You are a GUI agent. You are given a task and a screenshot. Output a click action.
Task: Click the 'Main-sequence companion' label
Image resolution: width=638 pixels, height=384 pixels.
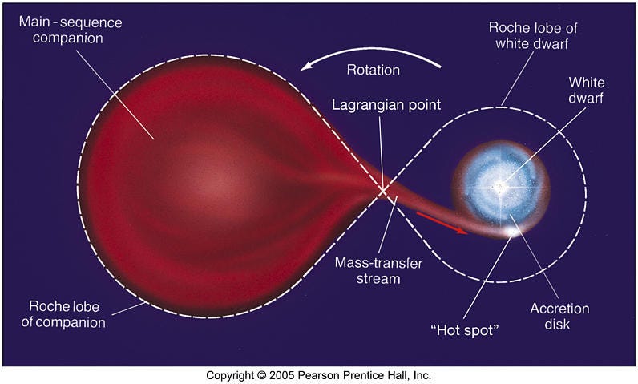[x=71, y=30]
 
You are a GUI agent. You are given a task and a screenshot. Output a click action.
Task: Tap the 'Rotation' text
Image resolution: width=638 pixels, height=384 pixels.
[x=374, y=70]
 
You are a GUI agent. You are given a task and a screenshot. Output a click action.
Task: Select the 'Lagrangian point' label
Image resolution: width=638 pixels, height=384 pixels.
[x=386, y=105]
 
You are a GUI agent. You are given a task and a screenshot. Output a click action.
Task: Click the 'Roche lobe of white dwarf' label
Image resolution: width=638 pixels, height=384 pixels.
[x=533, y=35]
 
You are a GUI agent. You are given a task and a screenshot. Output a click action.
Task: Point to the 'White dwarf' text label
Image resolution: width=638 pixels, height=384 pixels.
[x=587, y=90]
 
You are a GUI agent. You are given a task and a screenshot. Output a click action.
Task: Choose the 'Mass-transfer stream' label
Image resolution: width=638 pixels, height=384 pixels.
[x=378, y=270]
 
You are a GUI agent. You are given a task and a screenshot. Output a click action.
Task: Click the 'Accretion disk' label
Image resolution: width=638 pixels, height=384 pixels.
[x=559, y=316]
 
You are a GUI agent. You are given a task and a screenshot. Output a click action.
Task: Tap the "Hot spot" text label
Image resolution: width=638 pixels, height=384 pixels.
[x=465, y=330]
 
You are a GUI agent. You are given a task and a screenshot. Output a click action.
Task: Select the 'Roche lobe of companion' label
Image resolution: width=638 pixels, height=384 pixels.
[x=63, y=314]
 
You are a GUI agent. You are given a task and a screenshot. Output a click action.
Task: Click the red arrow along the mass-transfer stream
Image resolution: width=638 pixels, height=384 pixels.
[x=442, y=223]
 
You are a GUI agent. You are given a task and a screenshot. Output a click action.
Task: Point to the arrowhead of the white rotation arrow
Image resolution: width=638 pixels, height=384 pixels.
[x=306, y=67]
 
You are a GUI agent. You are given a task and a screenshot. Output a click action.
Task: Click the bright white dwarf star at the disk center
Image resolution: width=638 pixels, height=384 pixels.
[x=501, y=188]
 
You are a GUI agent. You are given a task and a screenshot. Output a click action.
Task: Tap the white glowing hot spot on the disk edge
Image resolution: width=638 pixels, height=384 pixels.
[x=512, y=232]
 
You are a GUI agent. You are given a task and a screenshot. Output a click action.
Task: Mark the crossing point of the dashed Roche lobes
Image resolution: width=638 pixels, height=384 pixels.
[x=383, y=191]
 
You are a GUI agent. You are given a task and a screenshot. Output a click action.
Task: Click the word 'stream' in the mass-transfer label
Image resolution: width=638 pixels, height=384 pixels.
[x=378, y=279]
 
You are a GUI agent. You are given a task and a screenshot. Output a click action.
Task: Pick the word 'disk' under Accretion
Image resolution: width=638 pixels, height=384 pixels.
[x=557, y=324]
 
